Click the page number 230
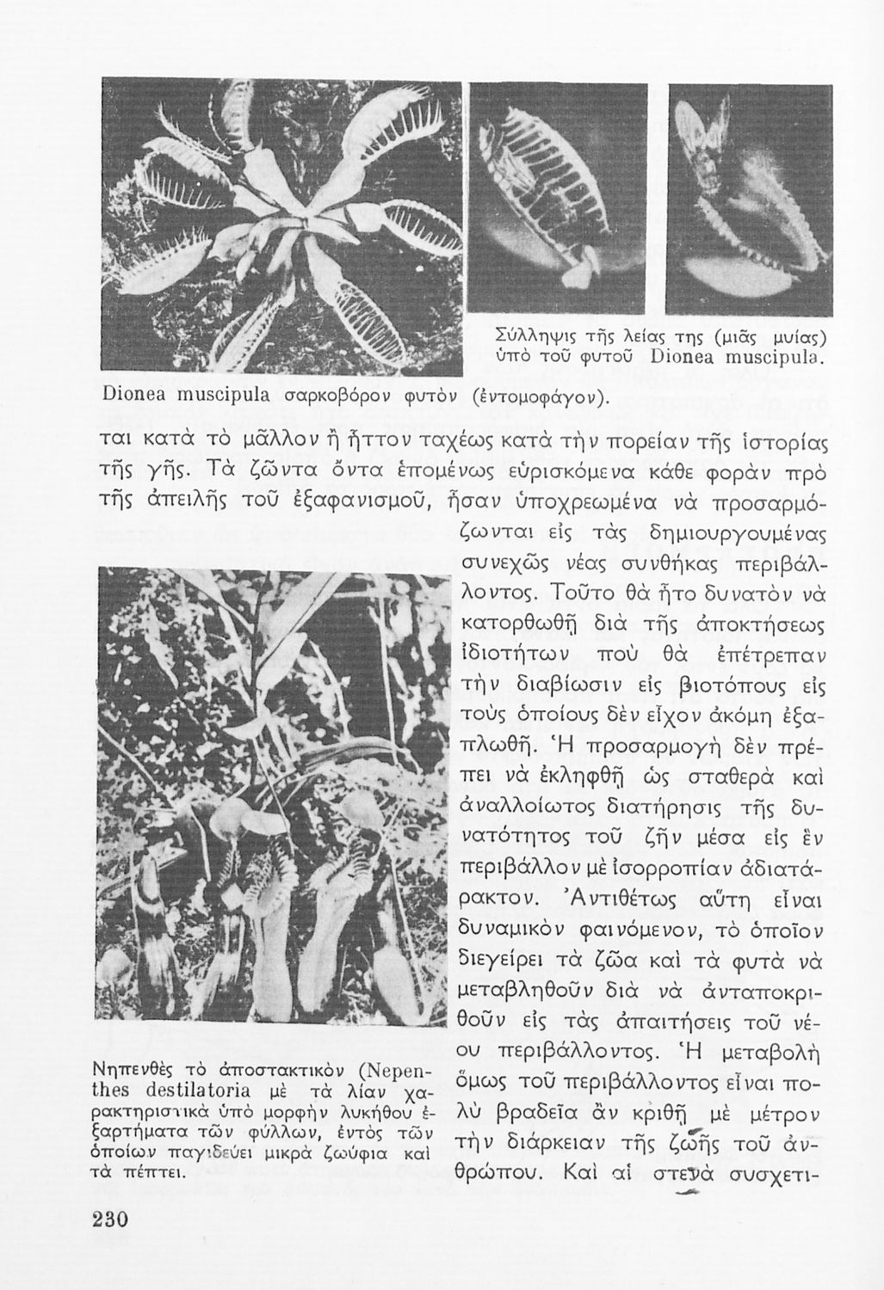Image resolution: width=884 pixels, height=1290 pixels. pyautogui.click(x=105, y=1223)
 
